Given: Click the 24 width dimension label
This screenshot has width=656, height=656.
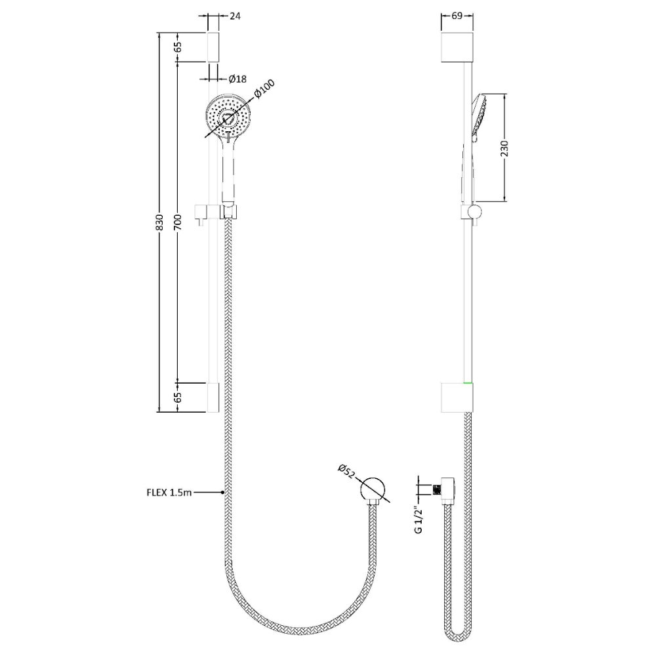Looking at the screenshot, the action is point(236,16).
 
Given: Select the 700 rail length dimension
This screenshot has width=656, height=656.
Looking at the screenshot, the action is point(177,220).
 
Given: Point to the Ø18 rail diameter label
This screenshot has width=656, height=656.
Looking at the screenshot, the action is point(237,78).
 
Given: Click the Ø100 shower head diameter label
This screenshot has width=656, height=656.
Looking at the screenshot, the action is point(264,89).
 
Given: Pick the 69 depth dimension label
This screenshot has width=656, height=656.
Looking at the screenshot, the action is point(457,16).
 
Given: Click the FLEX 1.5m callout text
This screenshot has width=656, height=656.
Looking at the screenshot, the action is point(169,493).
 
